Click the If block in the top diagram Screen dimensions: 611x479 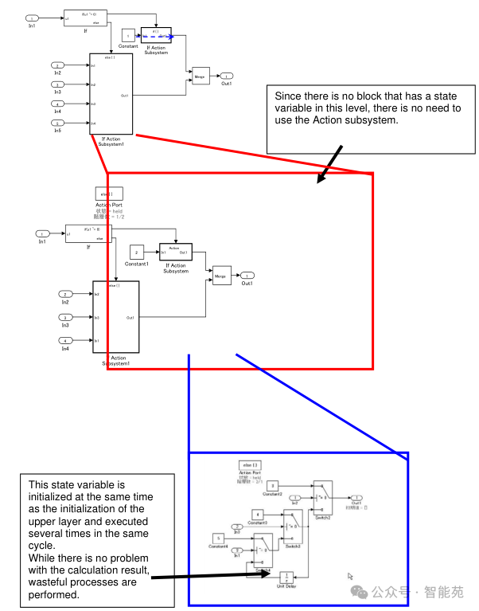(85, 18)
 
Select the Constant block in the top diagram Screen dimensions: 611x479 (128, 35)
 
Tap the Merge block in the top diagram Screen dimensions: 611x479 (201, 76)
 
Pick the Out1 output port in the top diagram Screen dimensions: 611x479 (227, 76)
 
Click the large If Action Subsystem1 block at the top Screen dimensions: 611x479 (111, 94)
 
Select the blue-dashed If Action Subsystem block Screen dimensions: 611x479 (156, 35)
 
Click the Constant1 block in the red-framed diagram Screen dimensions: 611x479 (136, 253)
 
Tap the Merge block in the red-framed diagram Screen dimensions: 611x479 (221, 276)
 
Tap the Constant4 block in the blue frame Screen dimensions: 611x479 (218, 539)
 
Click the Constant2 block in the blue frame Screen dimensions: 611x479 (272, 485)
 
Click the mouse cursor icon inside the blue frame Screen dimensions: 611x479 (349, 575)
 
